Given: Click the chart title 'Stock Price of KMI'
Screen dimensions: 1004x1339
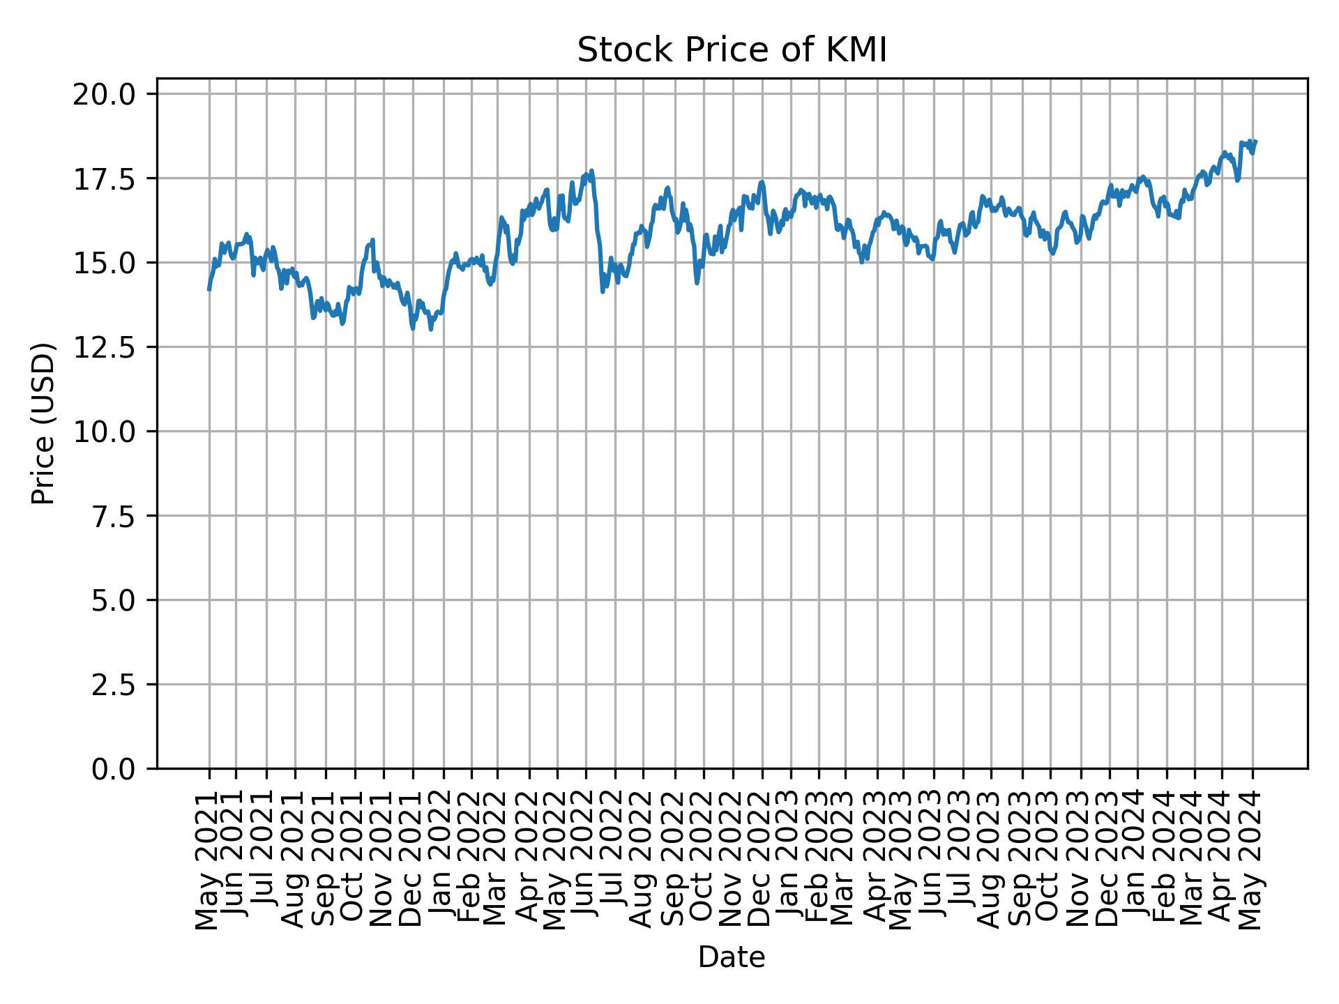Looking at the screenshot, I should pos(732,50).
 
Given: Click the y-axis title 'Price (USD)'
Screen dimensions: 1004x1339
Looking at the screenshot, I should pos(43,423).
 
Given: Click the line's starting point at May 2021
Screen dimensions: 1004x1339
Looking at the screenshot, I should pos(209,289).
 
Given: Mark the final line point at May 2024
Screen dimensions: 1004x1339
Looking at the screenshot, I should pos(1255,142).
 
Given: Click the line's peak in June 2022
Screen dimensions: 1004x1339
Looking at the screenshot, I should pos(591,170).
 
